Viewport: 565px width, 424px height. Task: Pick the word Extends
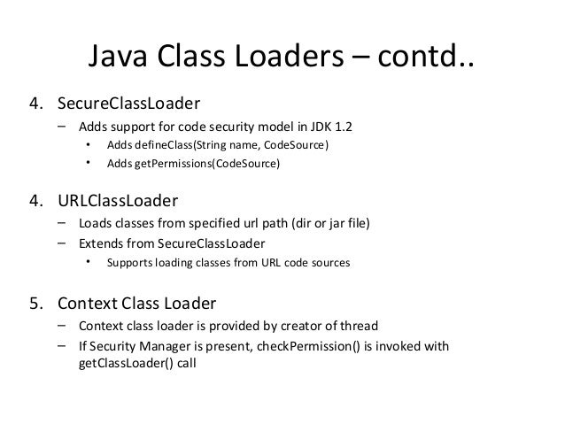click(x=100, y=242)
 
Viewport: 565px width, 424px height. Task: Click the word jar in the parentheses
click(x=325, y=222)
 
